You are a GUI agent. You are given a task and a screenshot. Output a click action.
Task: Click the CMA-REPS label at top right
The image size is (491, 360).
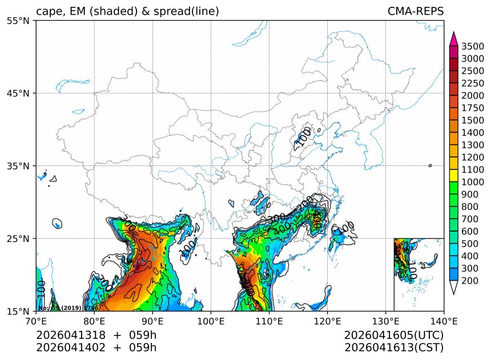(415, 11)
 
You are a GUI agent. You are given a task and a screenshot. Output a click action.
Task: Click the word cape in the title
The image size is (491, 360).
(48, 12)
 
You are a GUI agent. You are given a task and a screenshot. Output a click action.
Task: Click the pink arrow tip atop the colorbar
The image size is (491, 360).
(454, 38)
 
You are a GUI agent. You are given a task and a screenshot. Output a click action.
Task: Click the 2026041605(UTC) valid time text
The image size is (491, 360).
(394, 335)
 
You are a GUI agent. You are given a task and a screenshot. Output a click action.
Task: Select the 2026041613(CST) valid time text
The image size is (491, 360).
(394, 347)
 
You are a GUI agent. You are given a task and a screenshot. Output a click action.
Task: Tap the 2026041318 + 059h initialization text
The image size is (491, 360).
(96, 335)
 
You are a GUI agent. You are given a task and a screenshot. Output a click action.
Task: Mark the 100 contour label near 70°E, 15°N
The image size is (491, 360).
(41, 288)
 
